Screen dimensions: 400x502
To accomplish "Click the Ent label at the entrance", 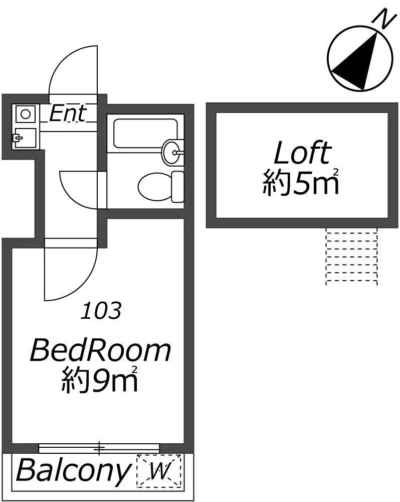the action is [x=68, y=113].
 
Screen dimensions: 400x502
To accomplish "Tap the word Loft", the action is [x=302, y=153].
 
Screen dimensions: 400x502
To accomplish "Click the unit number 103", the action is [x=101, y=311].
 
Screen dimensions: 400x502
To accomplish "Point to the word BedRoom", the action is [x=100, y=351].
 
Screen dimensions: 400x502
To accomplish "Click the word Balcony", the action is [x=73, y=471].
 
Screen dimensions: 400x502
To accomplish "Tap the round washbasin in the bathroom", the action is [x=173, y=152].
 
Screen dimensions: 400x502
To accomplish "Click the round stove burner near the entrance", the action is [x=25, y=114].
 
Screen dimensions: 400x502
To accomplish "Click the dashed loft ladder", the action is [x=351, y=256].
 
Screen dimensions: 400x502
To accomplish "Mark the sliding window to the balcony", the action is [x=99, y=448].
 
